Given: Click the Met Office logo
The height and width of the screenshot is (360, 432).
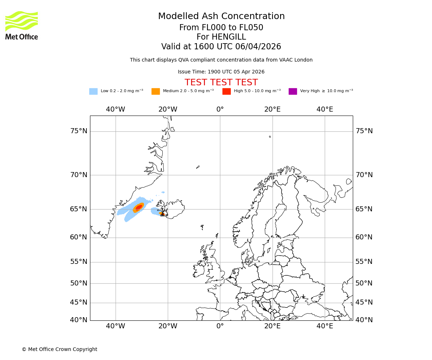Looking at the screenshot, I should point(22,25).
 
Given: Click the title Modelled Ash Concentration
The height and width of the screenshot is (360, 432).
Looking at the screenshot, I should point(221,16).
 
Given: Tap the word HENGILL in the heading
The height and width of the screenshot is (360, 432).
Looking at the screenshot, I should point(221,37).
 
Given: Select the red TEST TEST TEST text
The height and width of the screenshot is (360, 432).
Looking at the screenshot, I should point(221,82).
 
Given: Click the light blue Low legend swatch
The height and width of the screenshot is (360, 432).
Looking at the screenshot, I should point(93,91).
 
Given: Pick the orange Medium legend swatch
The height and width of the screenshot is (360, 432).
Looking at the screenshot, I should point(156,91).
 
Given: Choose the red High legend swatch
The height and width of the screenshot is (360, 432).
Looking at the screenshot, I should point(226,91).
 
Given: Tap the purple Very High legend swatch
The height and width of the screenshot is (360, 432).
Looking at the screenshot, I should point(293,91).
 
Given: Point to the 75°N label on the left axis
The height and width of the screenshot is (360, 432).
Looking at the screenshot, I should point(78,131).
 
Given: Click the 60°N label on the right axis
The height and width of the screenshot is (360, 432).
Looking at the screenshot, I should point(364,237).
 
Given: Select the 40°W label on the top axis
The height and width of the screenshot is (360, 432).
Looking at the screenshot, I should point(115,109).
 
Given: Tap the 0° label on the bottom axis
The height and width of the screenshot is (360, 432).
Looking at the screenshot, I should point(220,326).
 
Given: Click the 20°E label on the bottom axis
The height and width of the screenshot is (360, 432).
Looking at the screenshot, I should point(272,326).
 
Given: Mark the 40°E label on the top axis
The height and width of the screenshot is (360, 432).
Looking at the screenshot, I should point(325,109).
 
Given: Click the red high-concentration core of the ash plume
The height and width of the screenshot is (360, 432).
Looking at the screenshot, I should point(139,207).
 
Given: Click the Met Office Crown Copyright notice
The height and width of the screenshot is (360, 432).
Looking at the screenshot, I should point(59,349).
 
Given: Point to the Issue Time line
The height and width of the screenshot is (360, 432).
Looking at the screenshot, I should point(221,72).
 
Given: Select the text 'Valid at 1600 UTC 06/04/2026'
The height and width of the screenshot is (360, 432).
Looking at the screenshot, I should point(221,47).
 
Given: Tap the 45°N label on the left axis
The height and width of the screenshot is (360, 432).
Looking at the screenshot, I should point(78,302).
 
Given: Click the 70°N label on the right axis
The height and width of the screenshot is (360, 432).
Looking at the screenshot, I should point(364,175).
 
